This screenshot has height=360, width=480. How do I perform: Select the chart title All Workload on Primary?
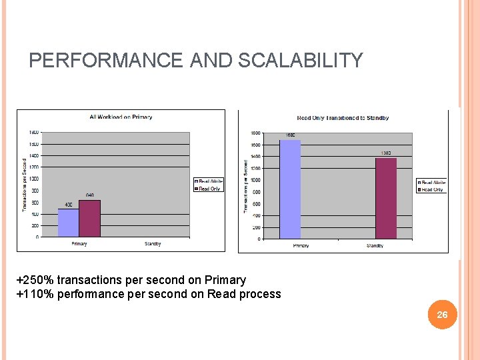[x=121, y=117]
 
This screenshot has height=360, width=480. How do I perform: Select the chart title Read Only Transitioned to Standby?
[x=343, y=118]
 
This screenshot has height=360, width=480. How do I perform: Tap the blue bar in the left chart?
[x=68, y=223]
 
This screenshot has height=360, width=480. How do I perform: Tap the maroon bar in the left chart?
[x=89, y=218]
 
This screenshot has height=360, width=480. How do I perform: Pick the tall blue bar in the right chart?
[x=290, y=189]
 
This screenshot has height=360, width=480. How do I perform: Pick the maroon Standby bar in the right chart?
[x=385, y=198]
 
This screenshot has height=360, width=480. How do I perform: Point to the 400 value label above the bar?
[x=69, y=205]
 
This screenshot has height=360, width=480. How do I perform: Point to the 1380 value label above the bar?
[x=385, y=153]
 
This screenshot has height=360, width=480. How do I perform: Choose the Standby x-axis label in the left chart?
[x=153, y=244]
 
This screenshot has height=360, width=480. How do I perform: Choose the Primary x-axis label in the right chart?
[x=301, y=246]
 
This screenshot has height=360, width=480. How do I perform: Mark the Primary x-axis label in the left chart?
[x=79, y=244]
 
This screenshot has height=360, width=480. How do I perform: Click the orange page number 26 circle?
[x=442, y=315]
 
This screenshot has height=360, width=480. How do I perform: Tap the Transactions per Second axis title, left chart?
[x=24, y=185]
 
